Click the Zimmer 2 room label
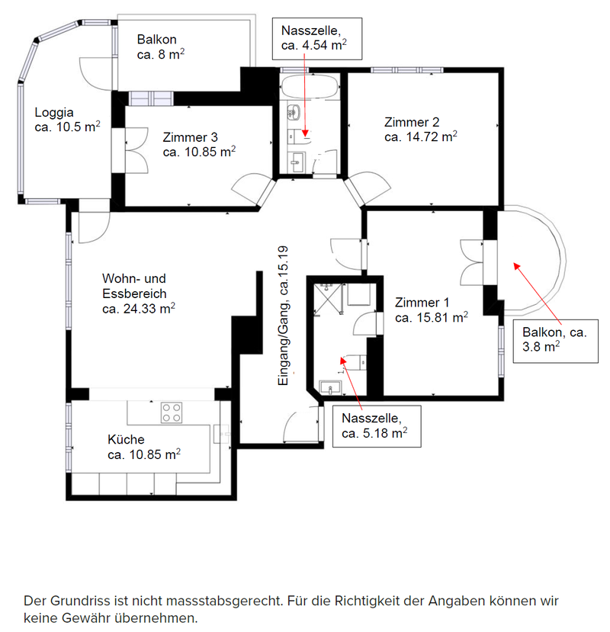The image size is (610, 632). (412, 122)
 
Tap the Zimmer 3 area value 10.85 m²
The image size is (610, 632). (199, 152)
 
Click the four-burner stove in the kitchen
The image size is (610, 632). (172, 412)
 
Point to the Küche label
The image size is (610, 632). (126, 439)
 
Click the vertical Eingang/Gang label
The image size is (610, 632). (283, 319)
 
